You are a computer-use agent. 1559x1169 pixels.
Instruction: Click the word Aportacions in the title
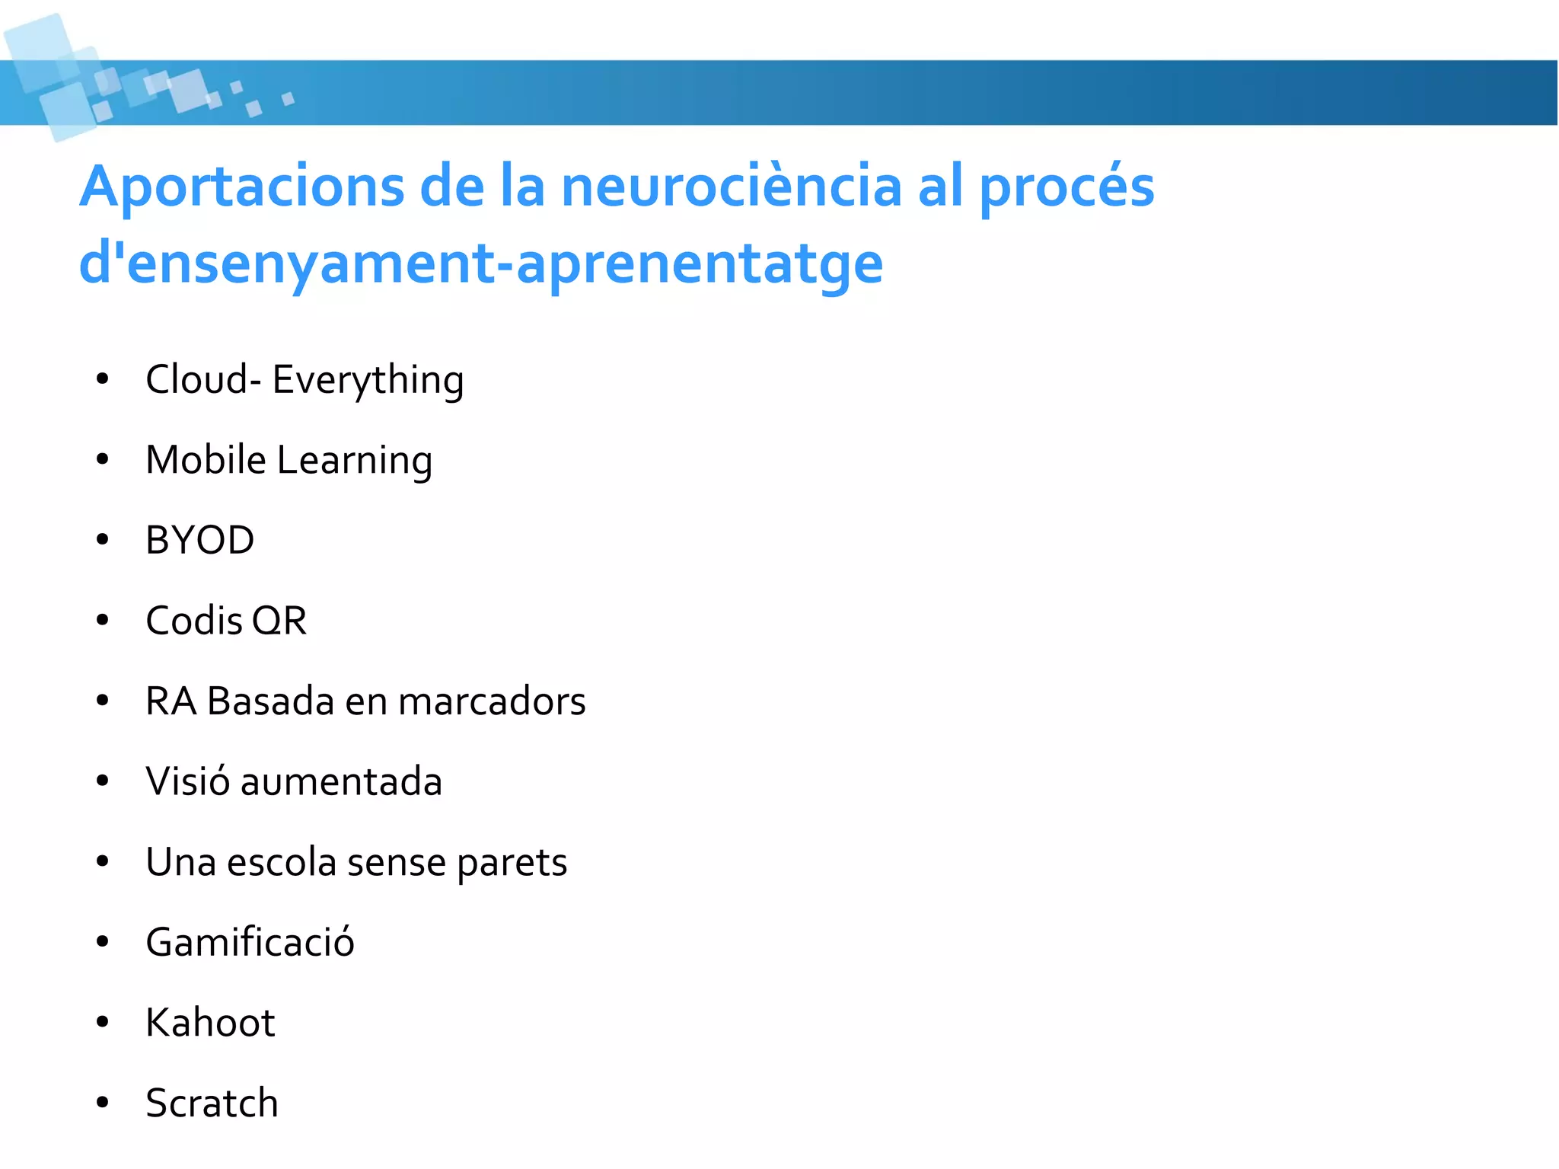[242, 187]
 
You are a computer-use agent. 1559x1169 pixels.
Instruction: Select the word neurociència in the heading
[731, 187]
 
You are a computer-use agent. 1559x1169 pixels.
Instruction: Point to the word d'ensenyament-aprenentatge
[481, 264]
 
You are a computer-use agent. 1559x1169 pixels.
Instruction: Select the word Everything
[368, 381]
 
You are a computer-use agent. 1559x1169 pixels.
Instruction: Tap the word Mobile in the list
[206, 460]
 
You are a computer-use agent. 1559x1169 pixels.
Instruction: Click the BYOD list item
[199, 540]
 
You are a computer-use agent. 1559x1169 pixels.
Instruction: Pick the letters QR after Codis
[279, 621]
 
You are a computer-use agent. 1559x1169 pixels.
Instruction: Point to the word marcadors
[492, 701]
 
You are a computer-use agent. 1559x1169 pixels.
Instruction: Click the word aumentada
[341, 781]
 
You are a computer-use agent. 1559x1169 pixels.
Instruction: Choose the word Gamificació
[250, 942]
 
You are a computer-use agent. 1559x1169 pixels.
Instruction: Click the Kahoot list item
[210, 1023]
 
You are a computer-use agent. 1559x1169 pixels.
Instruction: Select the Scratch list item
[212, 1103]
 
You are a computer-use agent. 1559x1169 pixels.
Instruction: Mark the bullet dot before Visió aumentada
[103, 781]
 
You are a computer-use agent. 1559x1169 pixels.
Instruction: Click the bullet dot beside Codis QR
[103, 621]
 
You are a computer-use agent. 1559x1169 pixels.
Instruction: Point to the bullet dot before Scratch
[103, 1103]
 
